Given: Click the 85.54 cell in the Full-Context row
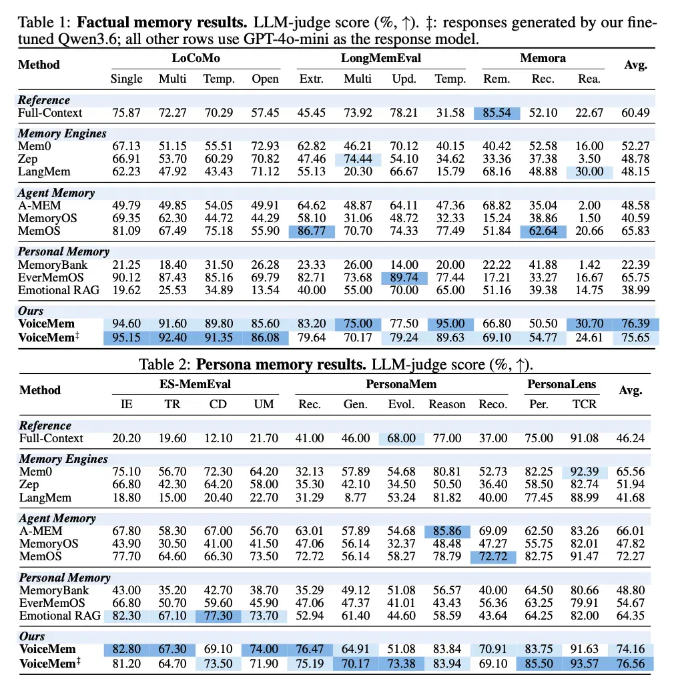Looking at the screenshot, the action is click(x=496, y=113).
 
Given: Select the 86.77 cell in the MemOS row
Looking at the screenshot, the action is click(x=312, y=231).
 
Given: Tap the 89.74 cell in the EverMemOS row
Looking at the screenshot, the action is click(x=404, y=277).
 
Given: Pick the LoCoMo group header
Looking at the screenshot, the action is click(x=196, y=58).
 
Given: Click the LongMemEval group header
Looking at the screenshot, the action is click(x=381, y=58).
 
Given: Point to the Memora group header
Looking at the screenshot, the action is click(x=543, y=58).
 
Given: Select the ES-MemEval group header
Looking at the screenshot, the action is click(x=195, y=384).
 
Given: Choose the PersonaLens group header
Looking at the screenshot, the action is click(x=562, y=384).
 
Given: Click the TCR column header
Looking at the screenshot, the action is click(x=585, y=404).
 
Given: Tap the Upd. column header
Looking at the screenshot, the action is click(x=404, y=79).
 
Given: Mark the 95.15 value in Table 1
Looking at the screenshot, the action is click(x=126, y=337).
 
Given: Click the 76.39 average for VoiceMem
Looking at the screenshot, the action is click(x=635, y=323).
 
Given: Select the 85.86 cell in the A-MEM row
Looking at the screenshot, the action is click(x=447, y=531).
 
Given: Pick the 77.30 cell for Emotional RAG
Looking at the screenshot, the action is click(x=218, y=616).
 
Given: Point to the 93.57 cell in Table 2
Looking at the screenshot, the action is click(x=585, y=664).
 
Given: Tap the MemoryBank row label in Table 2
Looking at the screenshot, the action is click(x=54, y=591).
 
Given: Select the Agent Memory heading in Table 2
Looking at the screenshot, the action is click(x=57, y=518).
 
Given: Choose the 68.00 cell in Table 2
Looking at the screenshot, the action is click(x=401, y=438).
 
